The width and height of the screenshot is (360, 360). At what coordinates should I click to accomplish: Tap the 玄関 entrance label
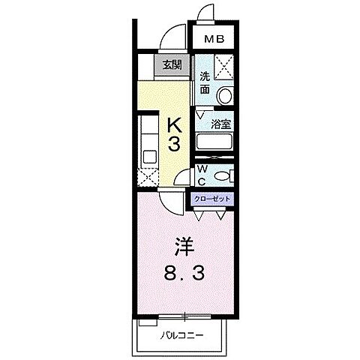point(172,65)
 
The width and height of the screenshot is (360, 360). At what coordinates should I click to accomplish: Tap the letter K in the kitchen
point(173,124)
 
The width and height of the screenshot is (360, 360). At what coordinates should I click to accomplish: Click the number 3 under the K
point(173,145)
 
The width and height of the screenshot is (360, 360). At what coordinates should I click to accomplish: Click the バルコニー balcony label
point(184,334)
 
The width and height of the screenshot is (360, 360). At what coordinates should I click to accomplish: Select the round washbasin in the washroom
point(223,96)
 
